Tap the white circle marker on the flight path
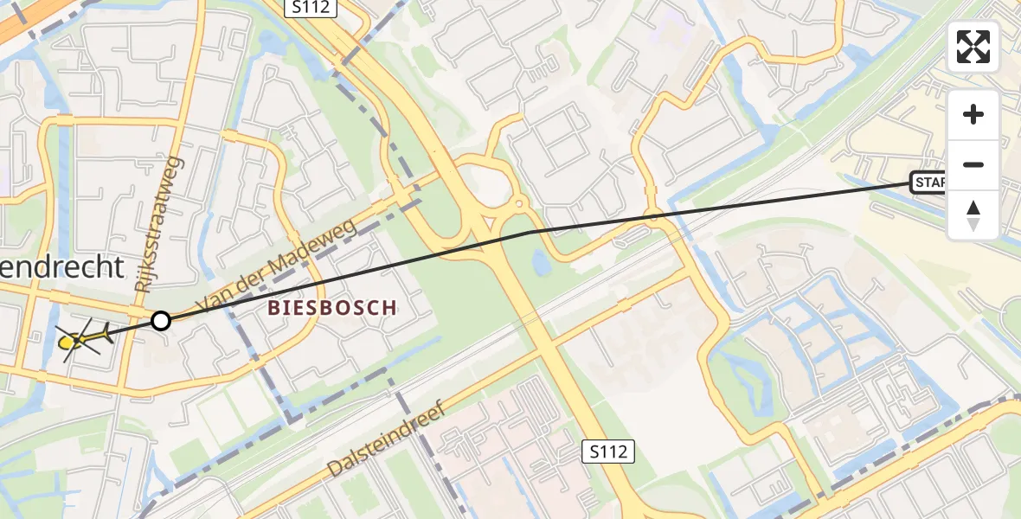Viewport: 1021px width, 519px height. (x=161, y=321)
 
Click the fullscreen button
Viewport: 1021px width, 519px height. (x=973, y=47)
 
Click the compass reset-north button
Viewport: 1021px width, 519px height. (x=973, y=215)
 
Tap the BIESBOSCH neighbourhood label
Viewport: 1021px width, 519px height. (x=332, y=307)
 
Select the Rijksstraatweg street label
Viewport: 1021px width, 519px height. (x=157, y=223)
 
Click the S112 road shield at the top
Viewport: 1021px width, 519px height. (x=311, y=7)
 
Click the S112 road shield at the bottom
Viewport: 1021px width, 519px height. (x=609, y=450)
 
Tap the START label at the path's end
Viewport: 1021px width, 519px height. (x=928, y=183)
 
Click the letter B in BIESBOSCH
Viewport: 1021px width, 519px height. (x=274, y=307)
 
